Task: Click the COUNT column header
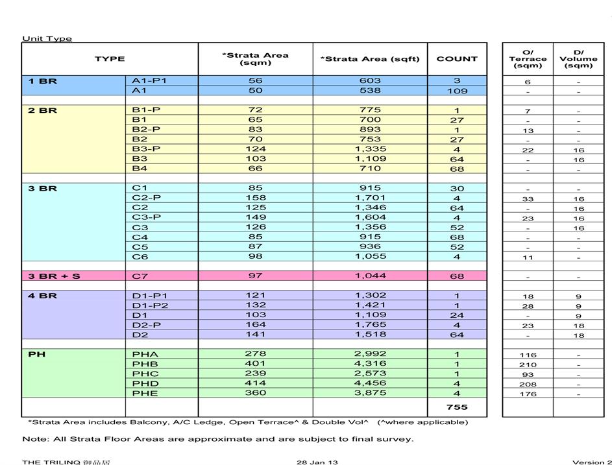pos(457,59)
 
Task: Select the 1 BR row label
pos(42,81)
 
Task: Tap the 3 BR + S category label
pos(54,276)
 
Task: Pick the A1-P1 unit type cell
pos(149,81)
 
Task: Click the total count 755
pos(457,407)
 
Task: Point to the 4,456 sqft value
pos(370,383)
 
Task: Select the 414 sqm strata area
pos(255,383)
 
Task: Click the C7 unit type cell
pos(140,276)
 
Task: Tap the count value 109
pos(457,91)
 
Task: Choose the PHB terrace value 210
pos(528,364)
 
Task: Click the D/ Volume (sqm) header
pos(578,59)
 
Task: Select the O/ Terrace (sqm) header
pos(528,59)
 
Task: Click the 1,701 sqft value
pos(370,198)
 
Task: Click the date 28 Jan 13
pos(317,462)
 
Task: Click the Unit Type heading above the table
pos(47,38)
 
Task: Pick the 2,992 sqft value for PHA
pos(370,354)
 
